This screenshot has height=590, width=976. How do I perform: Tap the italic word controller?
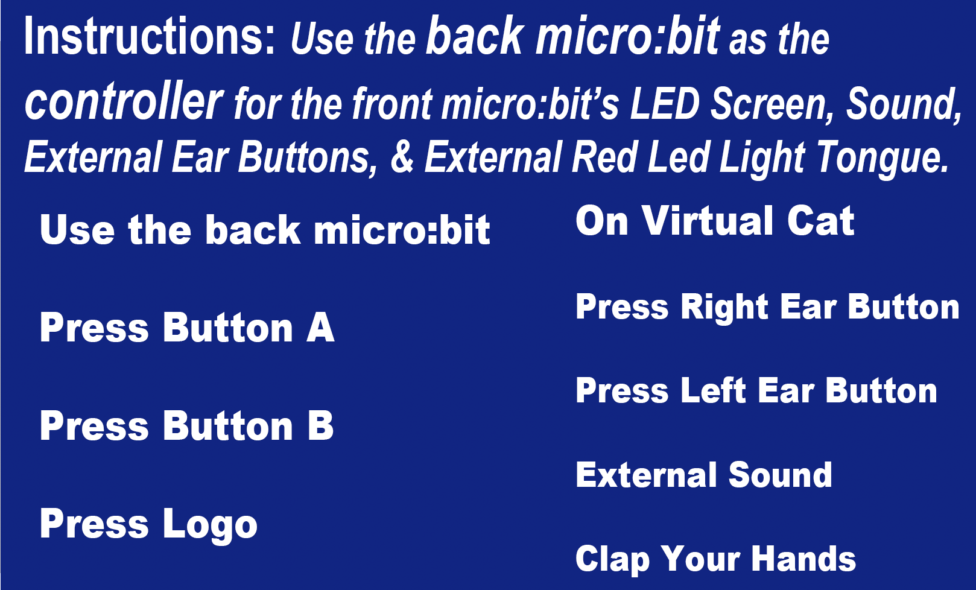pos(124,101)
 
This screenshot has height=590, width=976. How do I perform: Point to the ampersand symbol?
pos(402,157)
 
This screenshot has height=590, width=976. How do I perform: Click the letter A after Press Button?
pos(320,328)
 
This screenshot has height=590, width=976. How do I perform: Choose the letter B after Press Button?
pos(320,425)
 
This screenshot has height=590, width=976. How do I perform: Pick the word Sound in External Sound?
pos(780,475)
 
